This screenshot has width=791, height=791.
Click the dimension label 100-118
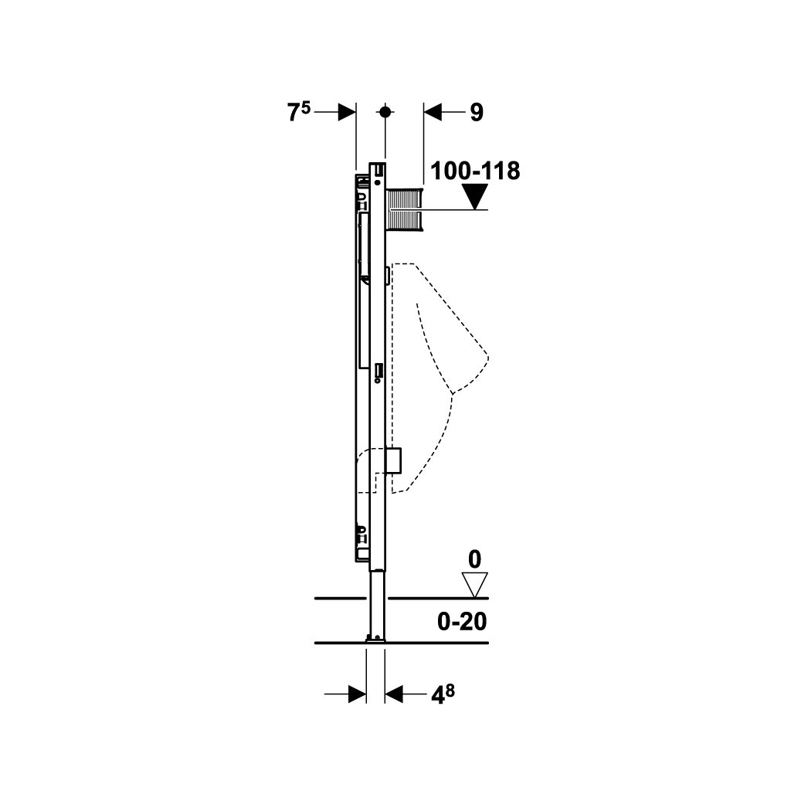475,171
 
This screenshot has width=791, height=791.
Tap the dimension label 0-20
462,622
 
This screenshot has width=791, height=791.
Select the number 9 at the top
477,113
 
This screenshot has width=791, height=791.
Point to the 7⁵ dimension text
299,111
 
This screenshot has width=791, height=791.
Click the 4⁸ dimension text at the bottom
443,695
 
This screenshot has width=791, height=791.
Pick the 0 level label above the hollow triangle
475,560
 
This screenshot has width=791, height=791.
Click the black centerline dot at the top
385,112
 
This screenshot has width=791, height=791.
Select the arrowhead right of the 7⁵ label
347,112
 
